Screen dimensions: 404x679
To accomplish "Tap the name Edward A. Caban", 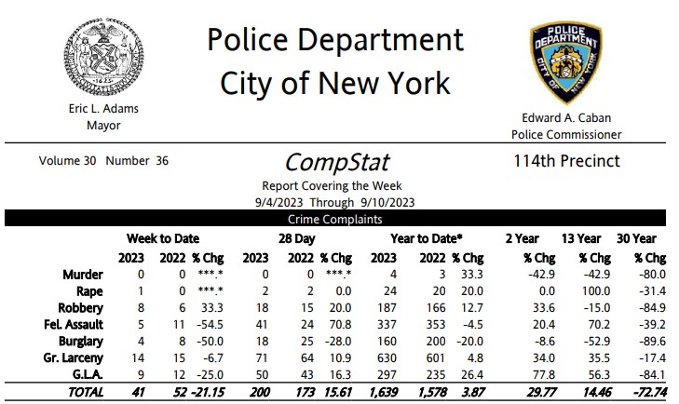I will pyautogui.click(x=566, y=118).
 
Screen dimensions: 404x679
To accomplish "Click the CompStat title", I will pyautogui.click(x=336, y=162).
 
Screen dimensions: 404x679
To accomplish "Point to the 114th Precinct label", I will pyautogui.click(x=566, y=161).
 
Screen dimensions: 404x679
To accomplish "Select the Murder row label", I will pyautogui.click(x=82, y=275).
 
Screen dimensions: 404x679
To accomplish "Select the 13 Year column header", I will pyautogui.click(x=581, y=238).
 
